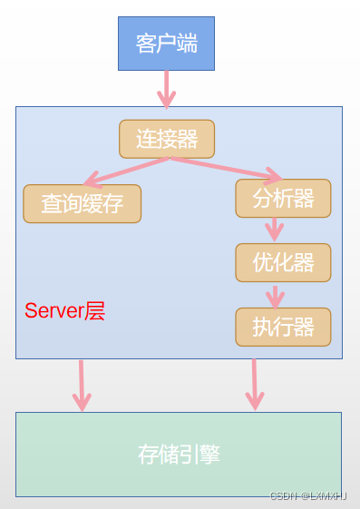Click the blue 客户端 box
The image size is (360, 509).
coord(166,43)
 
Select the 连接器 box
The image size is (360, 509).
coord(167,139)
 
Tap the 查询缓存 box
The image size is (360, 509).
coord(82,203)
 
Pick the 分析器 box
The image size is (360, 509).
coord(283,198)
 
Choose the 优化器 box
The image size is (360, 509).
coord(283,262)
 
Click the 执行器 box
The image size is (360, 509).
coord(283,327)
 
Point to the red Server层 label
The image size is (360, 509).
coord(64,311)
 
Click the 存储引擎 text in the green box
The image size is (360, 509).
coord(179,454)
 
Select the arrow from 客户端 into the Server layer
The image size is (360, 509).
coord(166,88)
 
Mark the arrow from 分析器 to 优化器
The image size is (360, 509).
coord(275,230)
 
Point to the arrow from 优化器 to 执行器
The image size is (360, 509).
coord(275,295)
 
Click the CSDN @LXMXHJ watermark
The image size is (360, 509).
coord(308,496)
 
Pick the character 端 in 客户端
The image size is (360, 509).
coord(187,43)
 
